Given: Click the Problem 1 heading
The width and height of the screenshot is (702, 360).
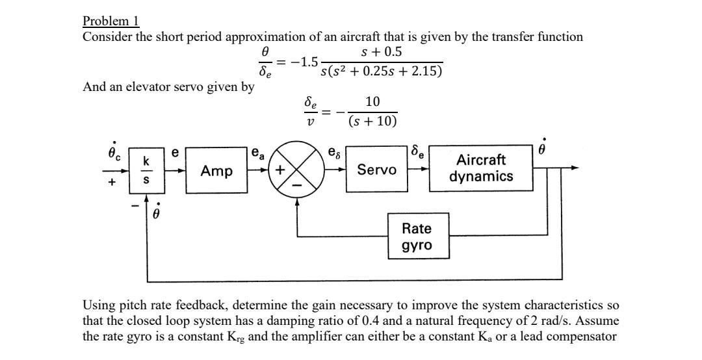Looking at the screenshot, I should [x=111, y=21].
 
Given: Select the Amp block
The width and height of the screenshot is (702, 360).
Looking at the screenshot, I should [x=216, y=170].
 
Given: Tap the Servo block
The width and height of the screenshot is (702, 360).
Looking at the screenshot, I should [x=377, y=170].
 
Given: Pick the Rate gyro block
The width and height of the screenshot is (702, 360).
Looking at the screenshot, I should [x=417, y=237].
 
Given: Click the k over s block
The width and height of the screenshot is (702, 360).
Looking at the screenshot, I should [x=147, y=170].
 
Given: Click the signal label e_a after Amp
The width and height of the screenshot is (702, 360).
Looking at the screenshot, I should [x=257, y=154].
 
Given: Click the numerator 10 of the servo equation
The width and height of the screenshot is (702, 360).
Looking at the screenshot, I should [x=372, y=102].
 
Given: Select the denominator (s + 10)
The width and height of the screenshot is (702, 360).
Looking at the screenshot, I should [x=372, y=122].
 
